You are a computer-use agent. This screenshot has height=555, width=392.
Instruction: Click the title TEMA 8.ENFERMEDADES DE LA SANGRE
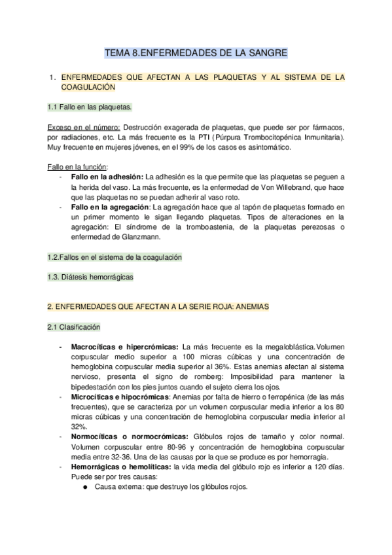196,53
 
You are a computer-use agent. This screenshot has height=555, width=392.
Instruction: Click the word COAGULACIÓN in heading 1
88,87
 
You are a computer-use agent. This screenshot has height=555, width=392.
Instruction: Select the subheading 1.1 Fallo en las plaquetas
89,106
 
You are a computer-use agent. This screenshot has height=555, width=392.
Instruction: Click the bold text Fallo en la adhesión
106,177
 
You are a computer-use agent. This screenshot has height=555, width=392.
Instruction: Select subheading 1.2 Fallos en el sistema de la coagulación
115,257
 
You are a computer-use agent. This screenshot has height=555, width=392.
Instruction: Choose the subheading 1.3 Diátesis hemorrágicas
90,277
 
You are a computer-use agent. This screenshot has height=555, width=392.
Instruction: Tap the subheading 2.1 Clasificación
74,326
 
